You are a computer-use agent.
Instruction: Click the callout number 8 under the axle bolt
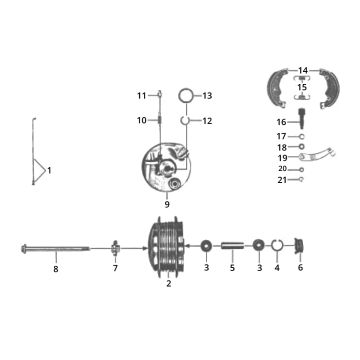(x=56, y=269)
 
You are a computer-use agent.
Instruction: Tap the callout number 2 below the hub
(x=168, y=284)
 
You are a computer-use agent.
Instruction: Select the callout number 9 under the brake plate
(x=167, y=204)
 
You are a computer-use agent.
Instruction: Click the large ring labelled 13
(x=185, y=97)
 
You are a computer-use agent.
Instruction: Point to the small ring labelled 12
(x=186, y=121)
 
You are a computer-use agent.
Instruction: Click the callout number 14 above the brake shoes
(x=303, y=70)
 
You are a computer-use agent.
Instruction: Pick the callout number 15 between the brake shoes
(x=303, y=87)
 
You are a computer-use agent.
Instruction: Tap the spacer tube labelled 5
(x=232, y=246)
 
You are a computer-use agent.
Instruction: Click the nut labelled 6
(x=300, y=246)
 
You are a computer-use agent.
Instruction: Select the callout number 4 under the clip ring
(x=277, y=268)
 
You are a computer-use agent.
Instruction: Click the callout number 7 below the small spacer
(x=115, y=269)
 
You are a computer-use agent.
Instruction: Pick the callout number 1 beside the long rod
(x=49, y=170)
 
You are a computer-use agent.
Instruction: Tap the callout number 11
(x=142, y=95)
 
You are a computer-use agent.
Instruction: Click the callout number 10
(x=142, y=120)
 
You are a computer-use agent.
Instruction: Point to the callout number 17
(x=281, y=135)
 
